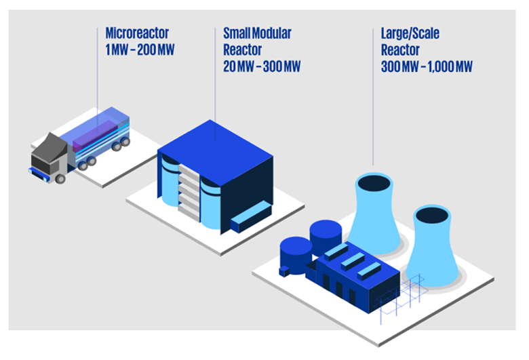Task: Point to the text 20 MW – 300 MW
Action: coord(262,66)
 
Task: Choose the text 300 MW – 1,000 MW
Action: coord(427,66)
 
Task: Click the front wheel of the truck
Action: coord(60,178)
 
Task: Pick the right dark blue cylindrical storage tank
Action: coord(326,234)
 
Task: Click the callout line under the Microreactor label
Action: coord(97,81)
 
